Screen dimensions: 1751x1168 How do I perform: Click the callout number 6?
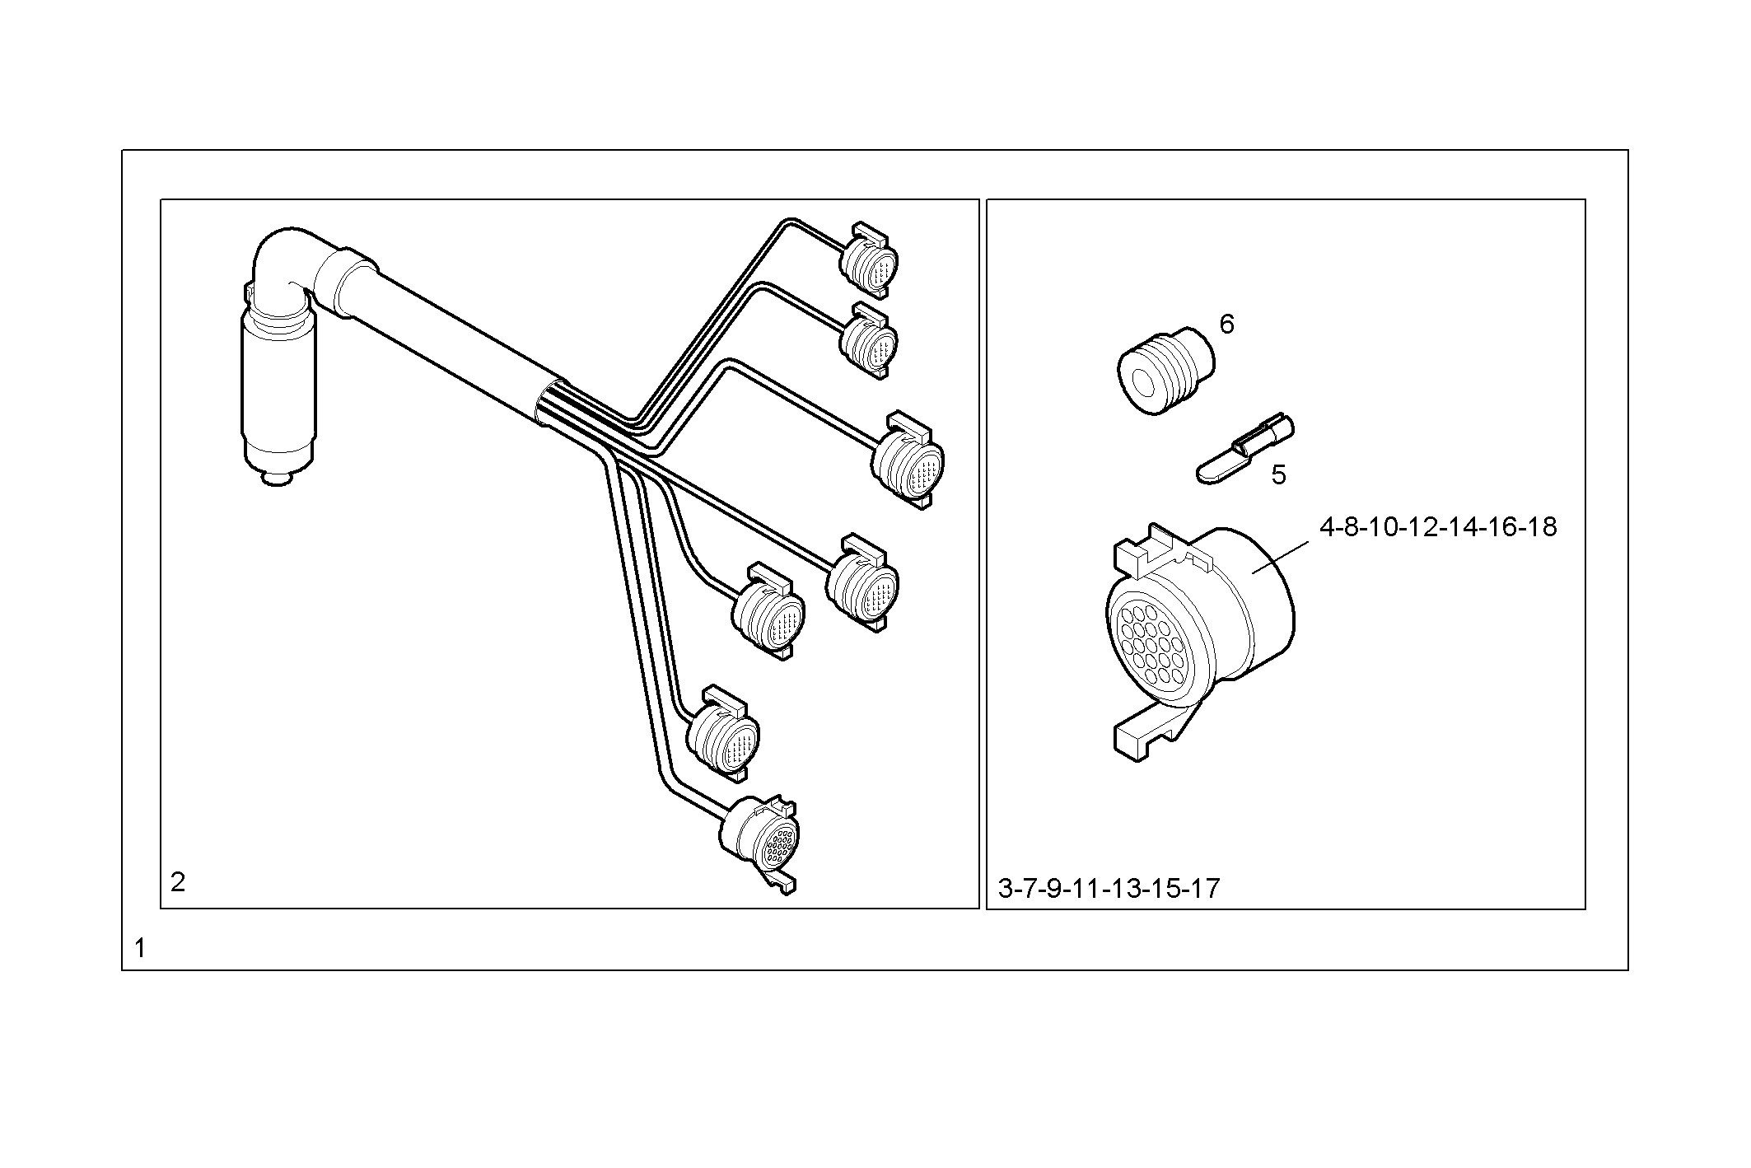point(1226,325)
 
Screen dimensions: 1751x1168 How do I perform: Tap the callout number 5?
point(1278,475)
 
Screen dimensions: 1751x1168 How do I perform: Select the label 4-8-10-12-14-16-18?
point(1438,526)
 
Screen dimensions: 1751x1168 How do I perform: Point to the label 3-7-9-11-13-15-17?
point(1109,889)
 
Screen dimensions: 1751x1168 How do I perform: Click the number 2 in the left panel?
point(178,883)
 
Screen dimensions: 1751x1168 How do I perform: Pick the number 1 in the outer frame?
point(140,948)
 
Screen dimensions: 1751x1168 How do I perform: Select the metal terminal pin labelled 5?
point(1244,449)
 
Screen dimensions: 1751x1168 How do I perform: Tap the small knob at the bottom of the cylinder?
point(278,478)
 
